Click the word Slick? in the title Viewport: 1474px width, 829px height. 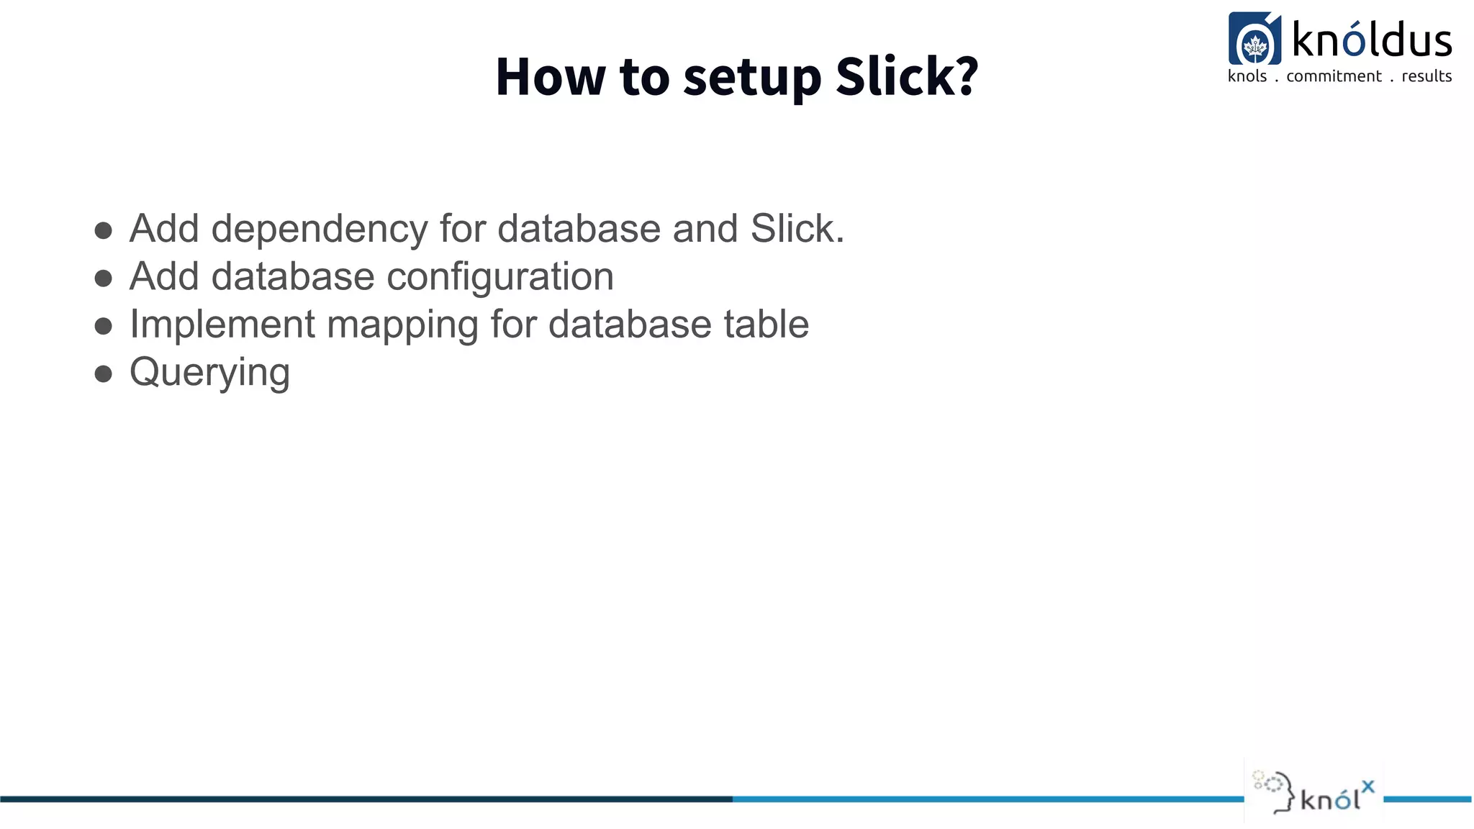coord(907,76)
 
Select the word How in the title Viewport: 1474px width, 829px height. coord(551,76)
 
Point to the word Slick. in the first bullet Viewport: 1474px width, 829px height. coord(797,229)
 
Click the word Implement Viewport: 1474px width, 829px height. coord(222,325)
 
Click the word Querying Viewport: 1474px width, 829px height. coord(209,373)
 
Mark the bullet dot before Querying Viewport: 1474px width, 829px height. coord(104,373)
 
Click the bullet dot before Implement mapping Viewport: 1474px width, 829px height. coord(104,326)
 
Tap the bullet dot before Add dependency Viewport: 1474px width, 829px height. coord(104,230)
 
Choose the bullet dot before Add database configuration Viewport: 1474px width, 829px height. coord(104,278)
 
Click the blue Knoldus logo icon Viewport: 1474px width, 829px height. coord(1254,39)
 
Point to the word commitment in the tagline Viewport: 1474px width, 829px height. coord(1334,76)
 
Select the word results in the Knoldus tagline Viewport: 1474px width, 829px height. coord(1426,76)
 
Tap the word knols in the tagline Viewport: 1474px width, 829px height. coord(1247,76)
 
